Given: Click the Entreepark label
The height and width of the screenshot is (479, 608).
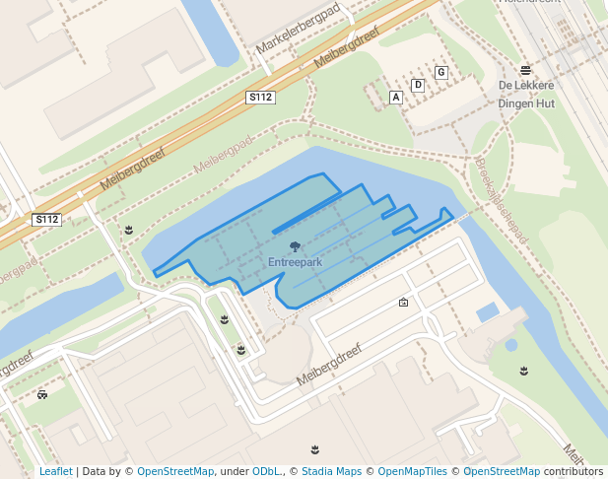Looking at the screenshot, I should point(295,262).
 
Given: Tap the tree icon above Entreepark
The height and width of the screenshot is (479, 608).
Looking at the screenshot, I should point(295,247).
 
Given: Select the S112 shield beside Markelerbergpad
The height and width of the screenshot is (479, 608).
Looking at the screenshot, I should point(260,98).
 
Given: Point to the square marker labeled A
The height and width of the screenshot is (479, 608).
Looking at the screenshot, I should point(396,98).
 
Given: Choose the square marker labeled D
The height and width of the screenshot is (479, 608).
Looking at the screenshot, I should point(418,85).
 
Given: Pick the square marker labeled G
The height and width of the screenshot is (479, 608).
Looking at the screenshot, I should point(440,72).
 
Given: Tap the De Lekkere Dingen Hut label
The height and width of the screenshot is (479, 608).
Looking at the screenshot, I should point(526,93).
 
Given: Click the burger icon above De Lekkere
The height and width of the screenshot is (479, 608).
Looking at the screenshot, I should point(526,70).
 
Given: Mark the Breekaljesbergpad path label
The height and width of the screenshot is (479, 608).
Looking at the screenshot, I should point(502,202).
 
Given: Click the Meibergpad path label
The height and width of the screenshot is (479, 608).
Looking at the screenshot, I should point(224,151).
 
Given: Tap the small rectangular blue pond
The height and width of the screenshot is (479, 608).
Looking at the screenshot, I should point(487,313).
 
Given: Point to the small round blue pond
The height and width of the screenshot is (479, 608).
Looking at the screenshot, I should point(510,345).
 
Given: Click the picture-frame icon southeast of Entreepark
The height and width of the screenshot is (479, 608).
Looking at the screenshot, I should point(403,303).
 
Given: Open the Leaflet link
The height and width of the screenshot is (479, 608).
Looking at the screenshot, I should point(56,472).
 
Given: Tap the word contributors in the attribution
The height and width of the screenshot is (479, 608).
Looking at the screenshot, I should point(574,472).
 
